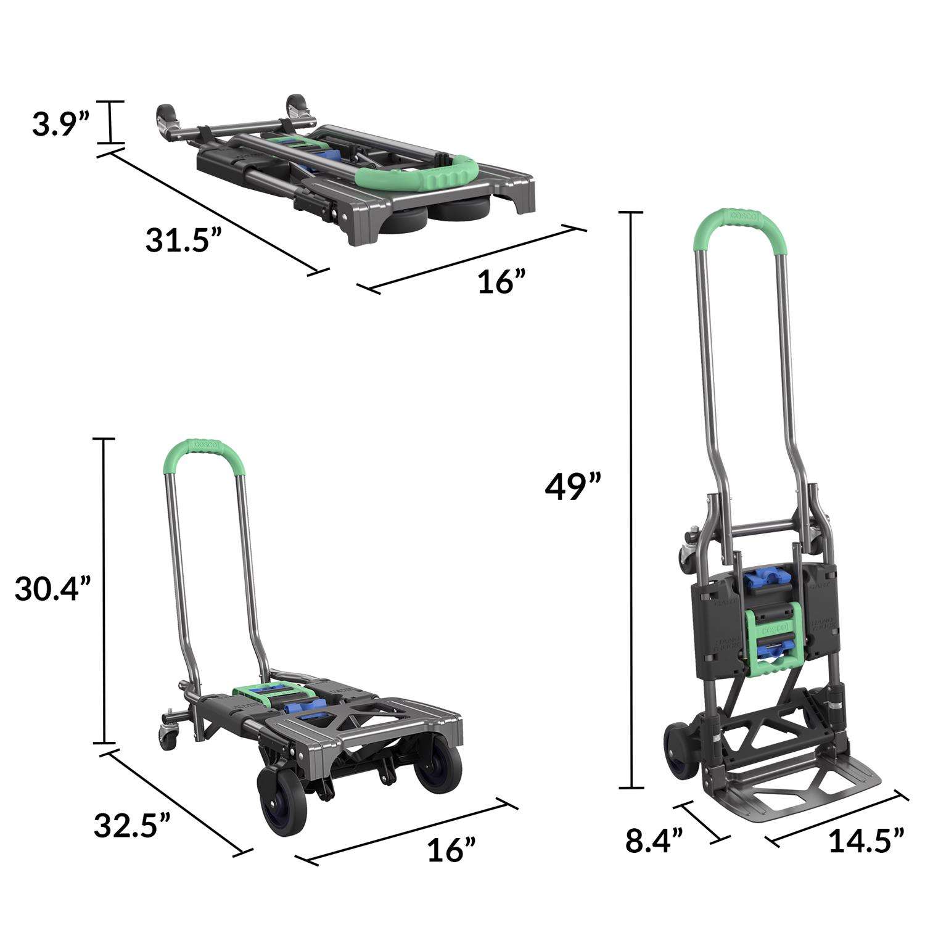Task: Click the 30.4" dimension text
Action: [53, 590]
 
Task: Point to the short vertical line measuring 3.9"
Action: [111, 122]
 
